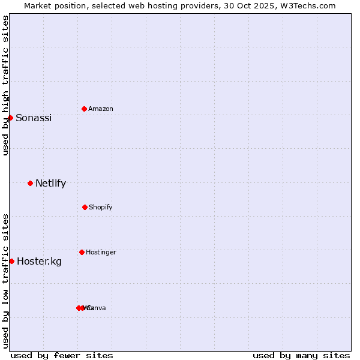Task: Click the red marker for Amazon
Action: [x=84, y=109]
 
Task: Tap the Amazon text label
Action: [x=101, y=109]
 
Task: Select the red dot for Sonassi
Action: [x=10, y=118]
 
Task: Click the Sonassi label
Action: [x=34, y=118]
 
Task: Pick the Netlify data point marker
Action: [x=30, y=183]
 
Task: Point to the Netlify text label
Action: [x=50, y=184]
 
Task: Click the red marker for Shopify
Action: [x=85, y=207]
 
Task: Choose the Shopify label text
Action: [x=101, y=207]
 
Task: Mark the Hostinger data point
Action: [x=82, y=252]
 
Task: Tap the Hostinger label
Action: [x=101, y=252]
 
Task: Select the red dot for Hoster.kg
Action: [x=11, y=261]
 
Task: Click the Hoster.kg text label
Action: [x=39, y=261]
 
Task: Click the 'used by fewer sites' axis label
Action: [x=62, y=355]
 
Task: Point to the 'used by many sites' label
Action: [x=301, y=355]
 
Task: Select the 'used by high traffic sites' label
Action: [x=5, y=85]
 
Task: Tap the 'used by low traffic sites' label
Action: [x=5, y=281]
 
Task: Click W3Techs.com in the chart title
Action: [x=310, y=5]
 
